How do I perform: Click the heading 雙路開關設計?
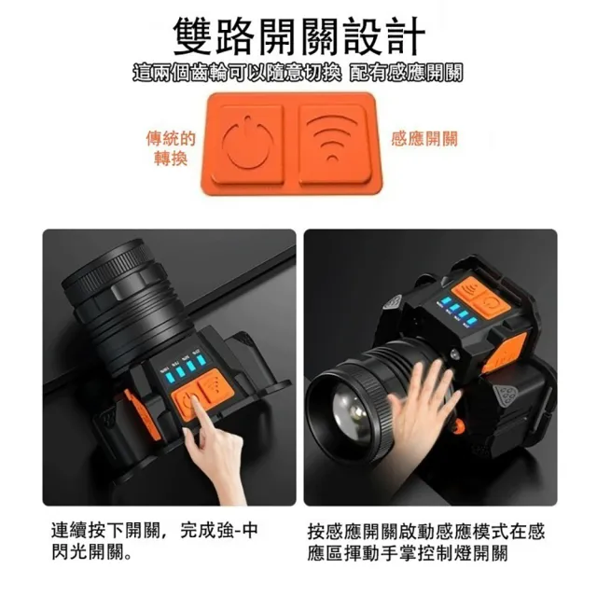tap(298, 37)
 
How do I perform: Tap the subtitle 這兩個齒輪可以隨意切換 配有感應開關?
tap(298, 73)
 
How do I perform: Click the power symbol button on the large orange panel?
tap(248, 143)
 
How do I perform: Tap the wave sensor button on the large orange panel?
tap(334, 143)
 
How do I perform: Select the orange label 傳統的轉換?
tap(171, 148)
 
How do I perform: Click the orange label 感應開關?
tap(424, 139)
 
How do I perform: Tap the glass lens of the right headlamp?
tap(353, 412)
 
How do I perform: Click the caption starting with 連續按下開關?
tap(155, 541)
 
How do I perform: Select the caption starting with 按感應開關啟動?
tap(426, 542)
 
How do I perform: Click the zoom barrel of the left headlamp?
tap(118, 300)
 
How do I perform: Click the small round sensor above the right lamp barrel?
tap(456, 354)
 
